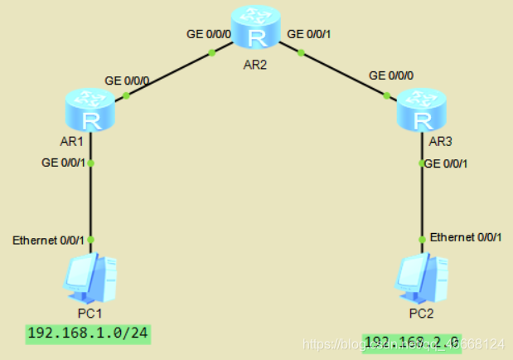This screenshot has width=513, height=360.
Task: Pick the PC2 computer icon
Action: [x=422, y=278]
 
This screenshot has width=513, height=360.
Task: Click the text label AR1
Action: [x=72, y=142]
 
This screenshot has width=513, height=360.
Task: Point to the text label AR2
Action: [x=257, y=64]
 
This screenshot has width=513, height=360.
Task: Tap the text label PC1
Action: [x=91, y=314]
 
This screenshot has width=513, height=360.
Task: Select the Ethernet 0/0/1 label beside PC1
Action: [x=48, y=241]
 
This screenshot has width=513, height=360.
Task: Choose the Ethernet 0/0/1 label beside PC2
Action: [x=466, y=238]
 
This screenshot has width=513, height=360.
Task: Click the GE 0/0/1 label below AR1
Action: [x=63, y=163]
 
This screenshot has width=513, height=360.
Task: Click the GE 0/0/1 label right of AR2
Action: [x=309, y=36]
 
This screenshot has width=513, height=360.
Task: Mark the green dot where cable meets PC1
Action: [x=91, y=239]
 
